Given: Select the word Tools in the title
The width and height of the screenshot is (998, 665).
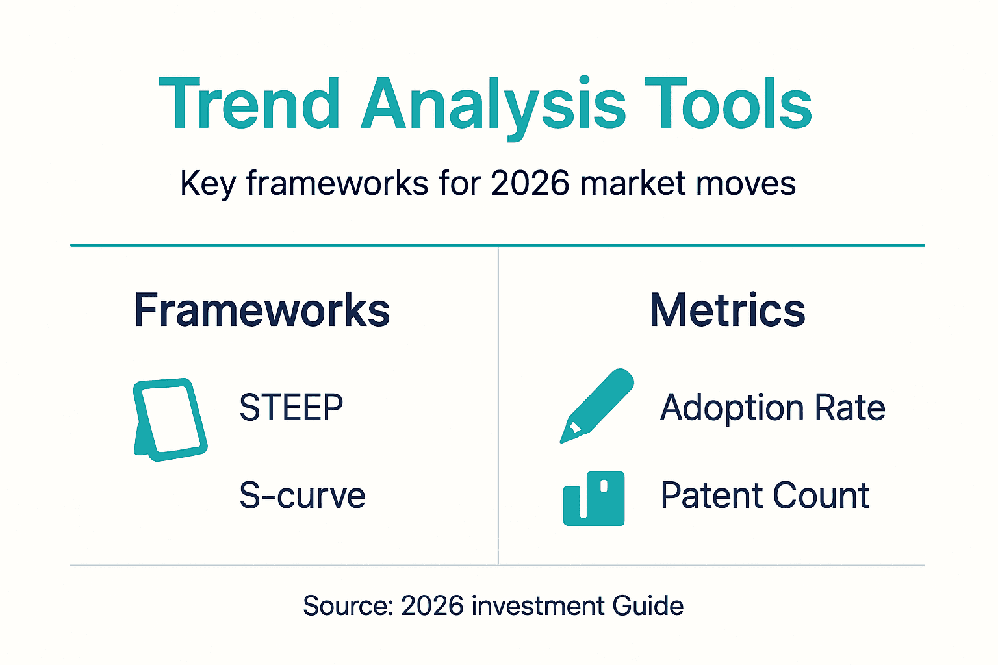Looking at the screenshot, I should pyautogui.click(x=728, y=104).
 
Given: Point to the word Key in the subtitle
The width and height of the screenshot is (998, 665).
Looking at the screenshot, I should pyautogui.click(x=207, y=184).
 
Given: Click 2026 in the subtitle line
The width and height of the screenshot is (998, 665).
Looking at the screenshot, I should pyautogui.click(x=530, y=183).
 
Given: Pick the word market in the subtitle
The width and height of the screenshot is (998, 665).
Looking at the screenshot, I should pyautogui.click(x=632, y=183).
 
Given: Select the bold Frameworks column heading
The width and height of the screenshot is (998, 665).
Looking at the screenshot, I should pyautogui.click(x=262, y=310).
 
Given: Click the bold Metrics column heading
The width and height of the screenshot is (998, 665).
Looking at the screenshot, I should pyautogui.click(x=727, y=310).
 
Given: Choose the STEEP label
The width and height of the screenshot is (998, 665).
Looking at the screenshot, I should pyautogui.click(x=291, y=408).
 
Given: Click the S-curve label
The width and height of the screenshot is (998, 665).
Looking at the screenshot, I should pyautogui.click(x=302, y=496).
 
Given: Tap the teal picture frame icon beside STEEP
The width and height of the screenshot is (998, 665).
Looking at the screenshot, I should pyautogui.click(x=170, y=420).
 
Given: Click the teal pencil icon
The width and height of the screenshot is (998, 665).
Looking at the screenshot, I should pyautogui.click(x=596, y=406).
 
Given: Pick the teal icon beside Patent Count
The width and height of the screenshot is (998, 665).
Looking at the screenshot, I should pyautogui.click(x=594, y=498).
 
